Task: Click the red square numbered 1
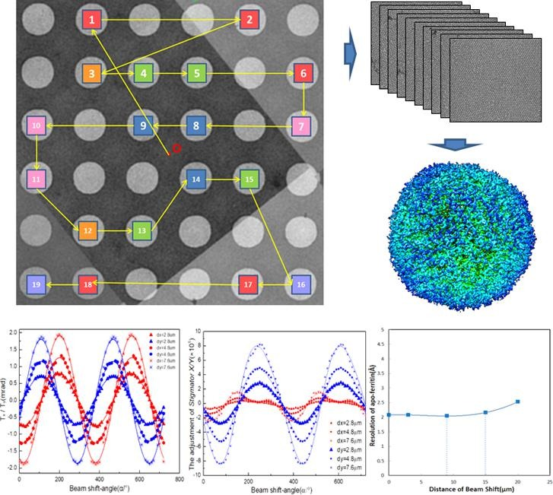click(x=92, y=21)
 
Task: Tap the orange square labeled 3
click(x=91, y=74)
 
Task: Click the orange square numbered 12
click(x=87, y=230)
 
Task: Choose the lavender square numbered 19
click(x=35, y=284)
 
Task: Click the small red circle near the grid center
click(x=176, y=148)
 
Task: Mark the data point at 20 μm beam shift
click(x=517, y=401)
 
